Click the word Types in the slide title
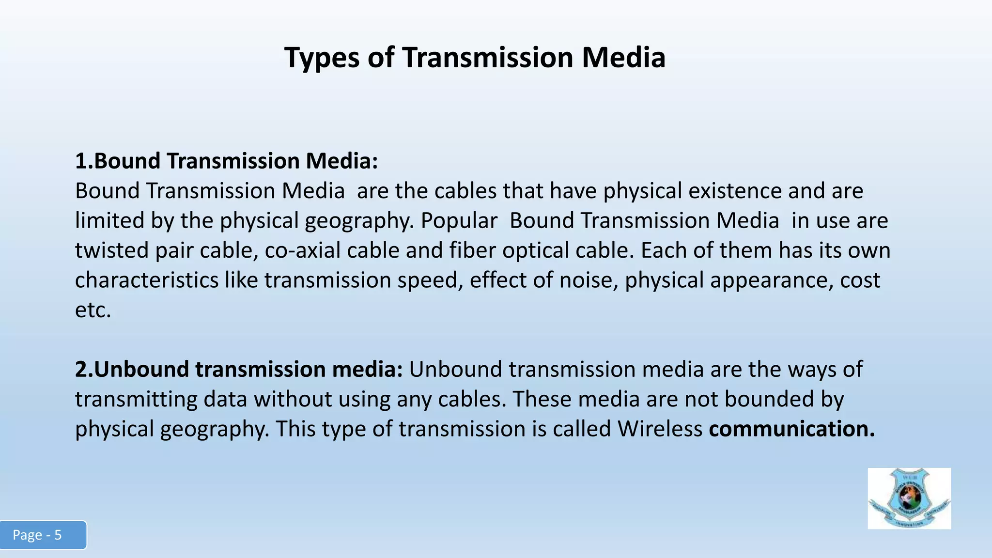[x=322, y=58]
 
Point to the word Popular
[x=459, y=221]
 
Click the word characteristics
[x=147, y=280]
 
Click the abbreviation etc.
[x=93, y=310]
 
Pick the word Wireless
[x=660, y=429]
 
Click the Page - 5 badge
[x=43, y=535]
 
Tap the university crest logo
[x=909, y=498]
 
